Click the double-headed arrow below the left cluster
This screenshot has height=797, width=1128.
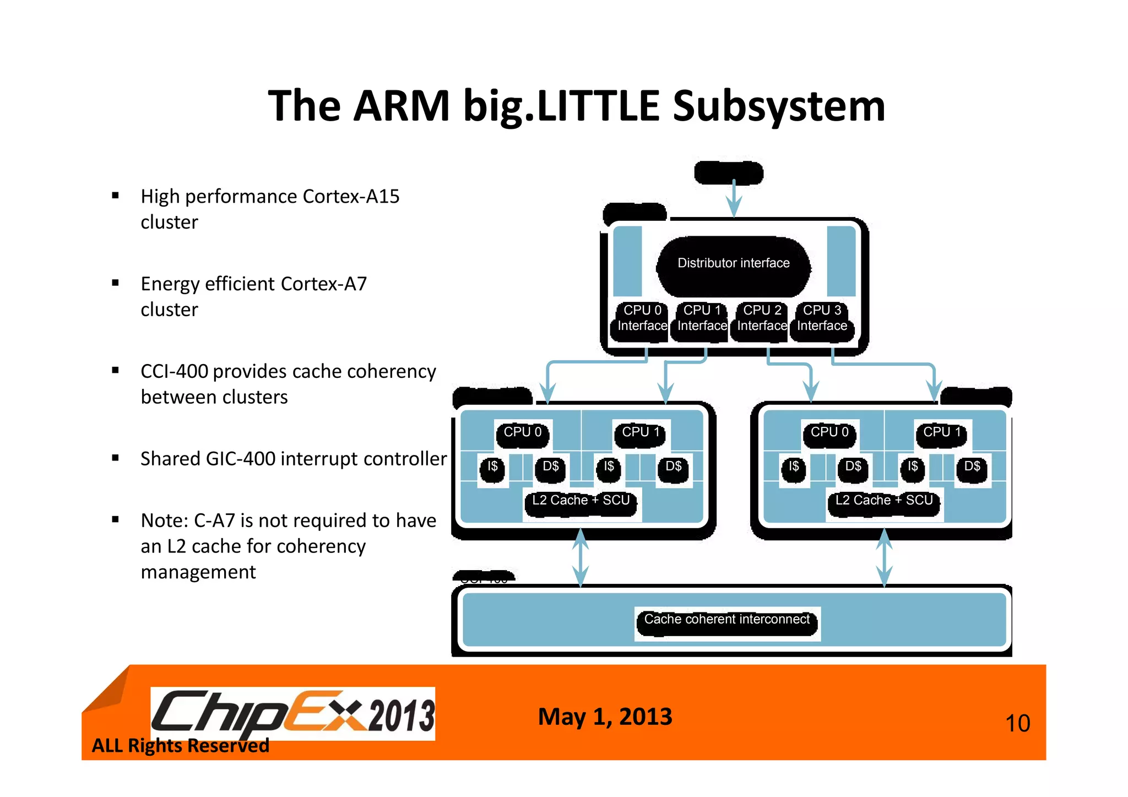(x=580, y=557)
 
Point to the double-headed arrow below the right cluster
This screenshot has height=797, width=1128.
(x=884, y=557)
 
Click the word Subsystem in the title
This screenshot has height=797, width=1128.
(x=779, y=106)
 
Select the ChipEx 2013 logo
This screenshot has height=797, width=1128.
(x=292, y=714)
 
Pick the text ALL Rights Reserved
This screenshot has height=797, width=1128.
(x=180, y=746)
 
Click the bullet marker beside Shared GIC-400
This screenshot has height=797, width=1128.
(x=115, y=458)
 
